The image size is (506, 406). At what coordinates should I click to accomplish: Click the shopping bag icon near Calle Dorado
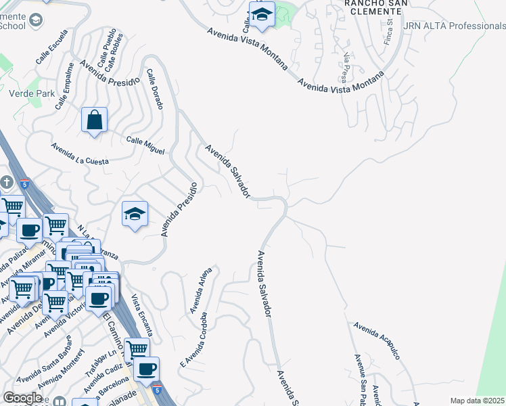95,120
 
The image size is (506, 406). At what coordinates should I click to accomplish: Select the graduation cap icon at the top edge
261,14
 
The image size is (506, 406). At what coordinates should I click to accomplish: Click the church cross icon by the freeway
7,183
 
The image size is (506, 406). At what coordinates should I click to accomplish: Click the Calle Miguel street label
145,145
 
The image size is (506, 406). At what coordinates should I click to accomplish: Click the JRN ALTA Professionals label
454,26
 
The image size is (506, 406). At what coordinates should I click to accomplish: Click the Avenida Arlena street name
200,291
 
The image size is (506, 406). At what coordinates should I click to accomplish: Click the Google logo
22,398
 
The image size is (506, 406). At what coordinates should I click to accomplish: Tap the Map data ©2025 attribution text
478,401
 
